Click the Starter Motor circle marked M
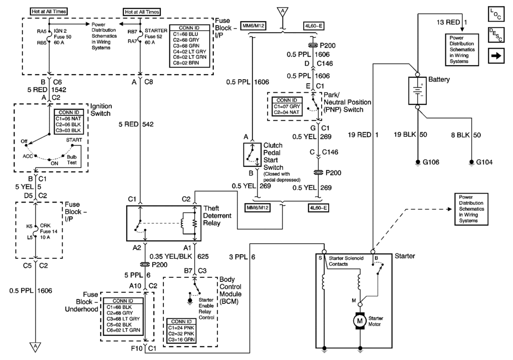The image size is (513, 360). pos(360,319)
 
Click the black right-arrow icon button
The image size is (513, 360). pos(495,57)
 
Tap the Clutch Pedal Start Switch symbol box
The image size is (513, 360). pos(251,154)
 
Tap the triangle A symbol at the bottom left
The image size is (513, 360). pos(36,345)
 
